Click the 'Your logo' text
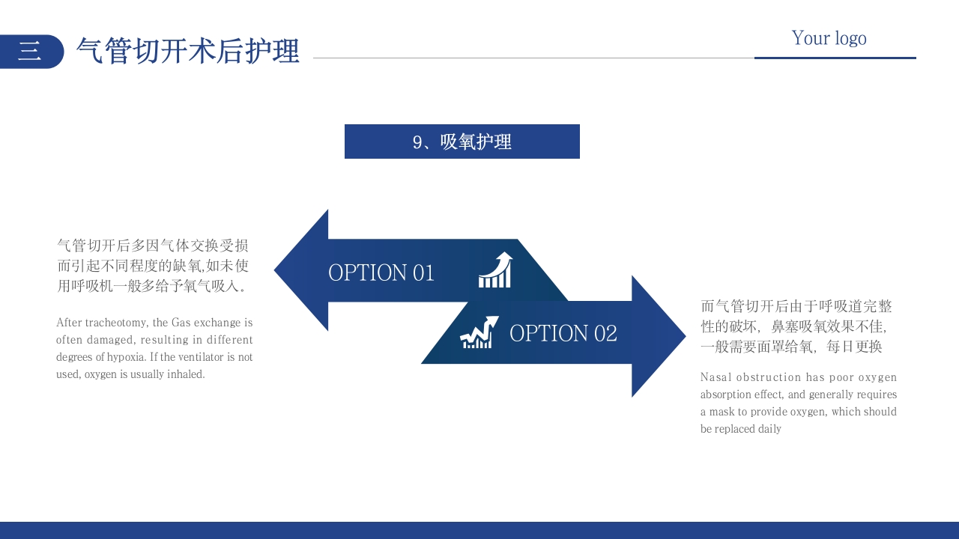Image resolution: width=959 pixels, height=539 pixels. (829, 38)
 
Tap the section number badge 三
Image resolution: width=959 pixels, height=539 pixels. (30, 51)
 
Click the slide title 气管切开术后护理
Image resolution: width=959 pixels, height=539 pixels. (188, 51)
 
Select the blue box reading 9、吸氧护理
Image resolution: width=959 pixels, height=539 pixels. (462, 141)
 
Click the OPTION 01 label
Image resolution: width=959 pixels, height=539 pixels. (381, 272)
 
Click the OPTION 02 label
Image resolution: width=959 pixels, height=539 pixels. (563, 333)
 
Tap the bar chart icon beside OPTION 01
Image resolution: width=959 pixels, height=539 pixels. (495, 270)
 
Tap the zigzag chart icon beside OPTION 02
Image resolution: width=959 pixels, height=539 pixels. (479, 332)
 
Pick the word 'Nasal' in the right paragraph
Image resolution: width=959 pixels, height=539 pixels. (716, 377)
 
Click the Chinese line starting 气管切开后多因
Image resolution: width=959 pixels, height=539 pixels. (153, 246)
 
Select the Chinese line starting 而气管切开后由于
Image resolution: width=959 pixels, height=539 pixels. (796, 306)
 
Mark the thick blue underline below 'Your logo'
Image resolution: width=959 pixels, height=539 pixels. (835, 58)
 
